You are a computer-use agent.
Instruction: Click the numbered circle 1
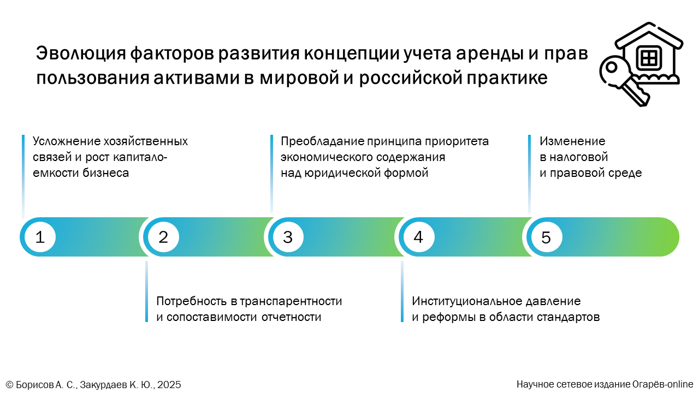[40, 237]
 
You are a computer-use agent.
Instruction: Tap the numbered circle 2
[163, 237]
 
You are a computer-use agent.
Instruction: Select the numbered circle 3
[288, 237]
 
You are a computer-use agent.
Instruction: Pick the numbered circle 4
[418, 237]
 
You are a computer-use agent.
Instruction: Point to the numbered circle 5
[546, 237]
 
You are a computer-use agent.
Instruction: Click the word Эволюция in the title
[81, 53]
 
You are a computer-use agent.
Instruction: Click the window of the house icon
[649, 58]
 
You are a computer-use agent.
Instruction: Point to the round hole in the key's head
[612, 67]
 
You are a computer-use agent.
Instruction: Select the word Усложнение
[66, 141]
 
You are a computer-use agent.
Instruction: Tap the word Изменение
[572, 141]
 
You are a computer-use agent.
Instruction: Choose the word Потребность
[192, 301]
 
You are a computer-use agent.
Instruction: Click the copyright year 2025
[169, 385]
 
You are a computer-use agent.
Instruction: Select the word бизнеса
[105, 173]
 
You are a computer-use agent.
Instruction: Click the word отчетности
[291, 317]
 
